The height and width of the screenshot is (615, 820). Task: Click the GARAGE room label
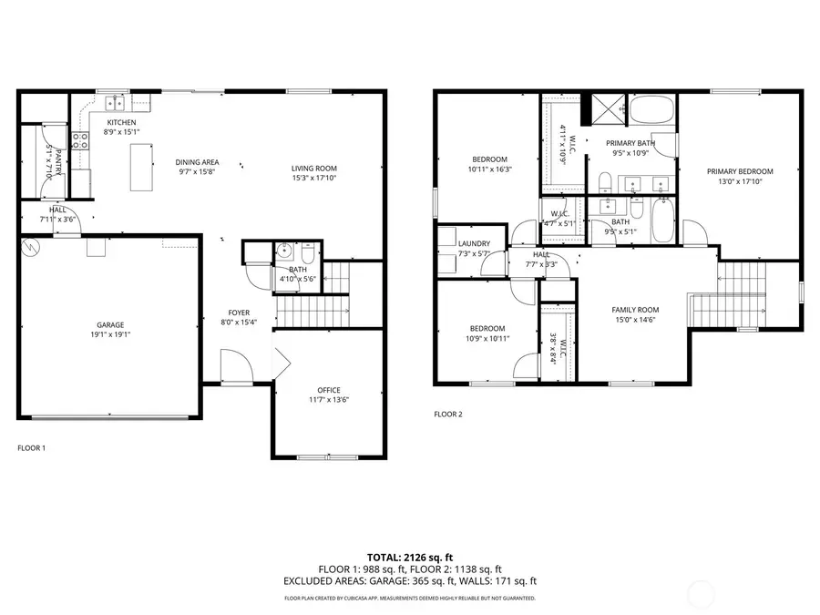coord(110,325)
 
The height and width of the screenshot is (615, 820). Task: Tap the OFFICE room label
coord(328,389)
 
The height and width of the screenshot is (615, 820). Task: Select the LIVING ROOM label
coord(314,168)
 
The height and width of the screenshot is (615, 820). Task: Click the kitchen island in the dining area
coord(141,167)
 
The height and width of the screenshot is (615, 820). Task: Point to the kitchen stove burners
coord(80,140)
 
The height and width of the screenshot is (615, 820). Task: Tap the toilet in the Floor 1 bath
coord(283,251)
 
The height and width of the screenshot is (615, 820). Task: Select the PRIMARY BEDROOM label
coord(740,171)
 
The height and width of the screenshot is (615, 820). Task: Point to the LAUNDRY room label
coord(475,243)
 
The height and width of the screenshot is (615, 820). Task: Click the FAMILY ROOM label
coord(634,310)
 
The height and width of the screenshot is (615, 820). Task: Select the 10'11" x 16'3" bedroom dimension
coord(489,169)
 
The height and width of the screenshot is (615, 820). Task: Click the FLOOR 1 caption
coord(31,448)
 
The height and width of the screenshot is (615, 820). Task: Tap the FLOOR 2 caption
coord(447,414)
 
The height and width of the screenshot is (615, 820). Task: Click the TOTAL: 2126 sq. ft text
coord(409,556)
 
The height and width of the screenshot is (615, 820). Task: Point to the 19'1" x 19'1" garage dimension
coord(110,335)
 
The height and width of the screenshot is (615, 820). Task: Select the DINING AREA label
coord(197,162)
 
